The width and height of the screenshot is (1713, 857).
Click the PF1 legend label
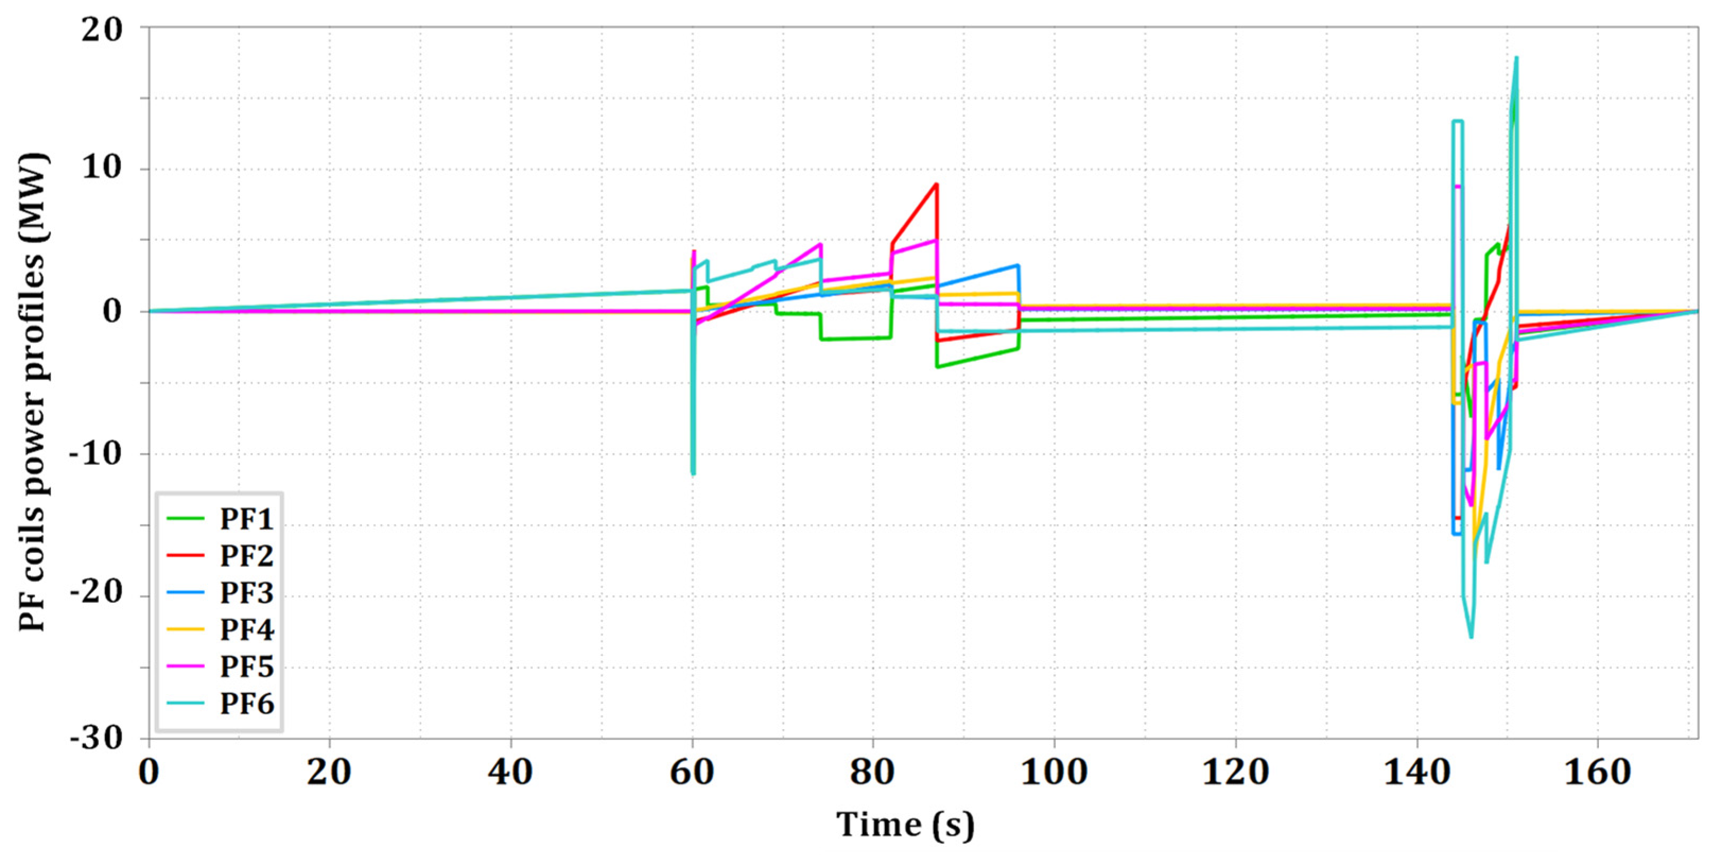[x=247, y=519]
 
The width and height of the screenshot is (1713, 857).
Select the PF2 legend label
[x=247, y=556]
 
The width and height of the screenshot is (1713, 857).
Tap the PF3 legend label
[x=247, y=593]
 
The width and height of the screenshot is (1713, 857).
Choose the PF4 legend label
[x=247, y=629]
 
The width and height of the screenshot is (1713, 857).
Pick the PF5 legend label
[x=247, y=666]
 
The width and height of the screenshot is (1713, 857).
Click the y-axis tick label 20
[x=102, y=30]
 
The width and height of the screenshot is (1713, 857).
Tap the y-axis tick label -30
[x=97, y=739]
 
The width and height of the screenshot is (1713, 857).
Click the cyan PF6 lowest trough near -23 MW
[x=1470, y=637]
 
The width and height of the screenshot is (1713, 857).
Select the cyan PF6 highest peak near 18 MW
[x=1516, y=58]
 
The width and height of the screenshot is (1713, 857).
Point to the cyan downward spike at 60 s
[x=694, y=474]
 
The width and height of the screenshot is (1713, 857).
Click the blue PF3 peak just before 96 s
[x=1017, y=265]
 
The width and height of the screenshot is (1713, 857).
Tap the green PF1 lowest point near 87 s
[x=937, y=367]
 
